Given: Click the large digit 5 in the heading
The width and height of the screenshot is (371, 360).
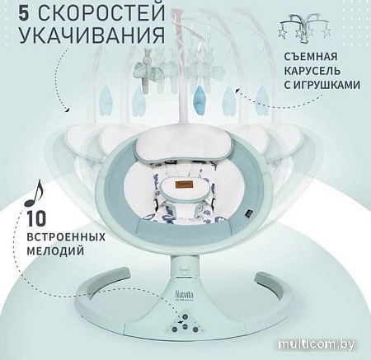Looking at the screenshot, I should [x=15, y=14].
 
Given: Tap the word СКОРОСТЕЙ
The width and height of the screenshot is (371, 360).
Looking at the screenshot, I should [x=85, y=14].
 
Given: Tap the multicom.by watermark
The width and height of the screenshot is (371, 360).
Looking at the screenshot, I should [x=324, y=345].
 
